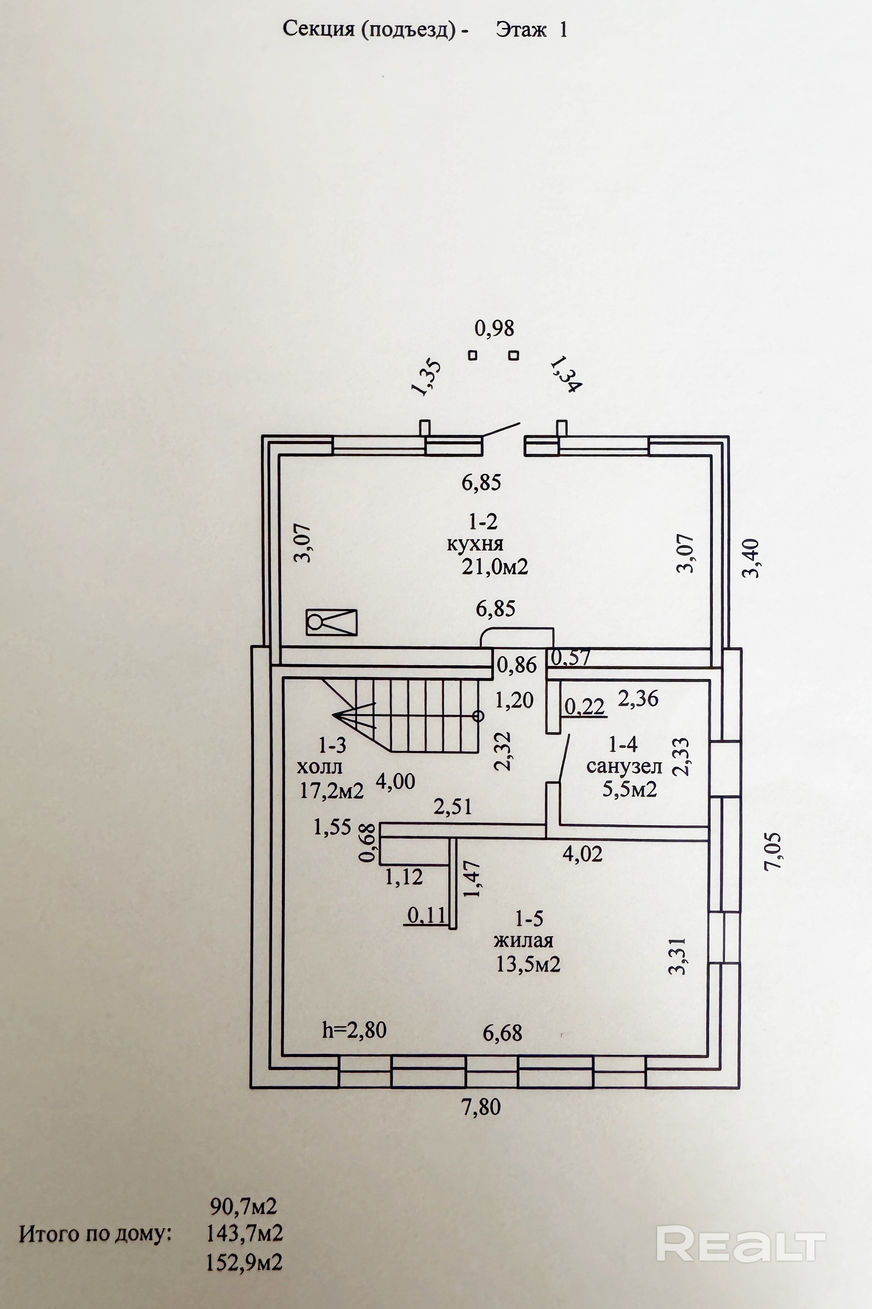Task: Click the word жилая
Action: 524,940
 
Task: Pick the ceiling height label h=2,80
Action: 354,1029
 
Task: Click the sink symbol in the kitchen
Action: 331,622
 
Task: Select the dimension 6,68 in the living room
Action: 502,1033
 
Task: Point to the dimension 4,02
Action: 582,853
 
